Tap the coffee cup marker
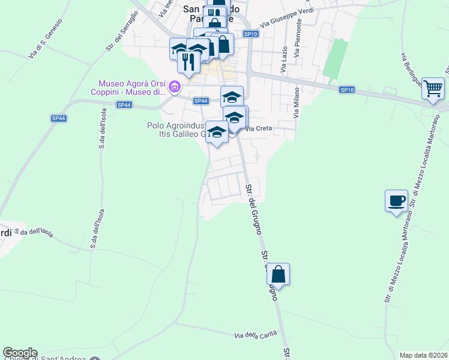[x=396, y=200]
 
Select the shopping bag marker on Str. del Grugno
[x=279, y=274]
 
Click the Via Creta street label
[x=259, y=128]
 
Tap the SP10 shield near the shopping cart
[x=347, y=90]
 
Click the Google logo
[x=20, y=353]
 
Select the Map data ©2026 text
[x=423, y=355]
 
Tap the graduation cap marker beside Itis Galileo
[x=217, y=133]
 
